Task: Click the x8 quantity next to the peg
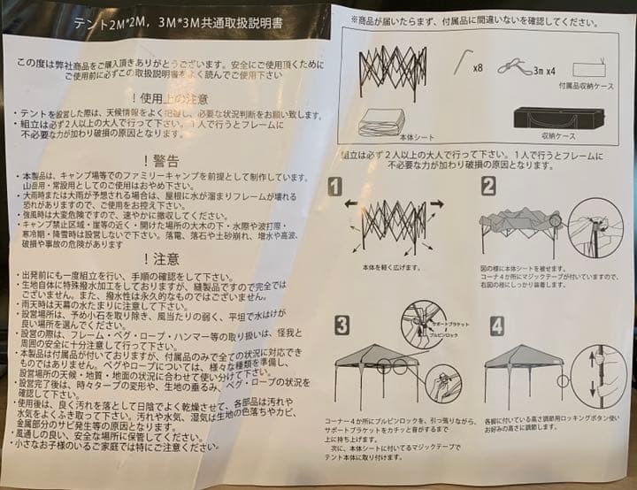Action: (x=478, y=67)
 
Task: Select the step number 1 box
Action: (x=335, y=186)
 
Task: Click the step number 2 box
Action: (x=487, y=186)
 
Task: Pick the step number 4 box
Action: (x=496, y=325)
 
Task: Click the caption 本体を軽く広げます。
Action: (x=390, y=265)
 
